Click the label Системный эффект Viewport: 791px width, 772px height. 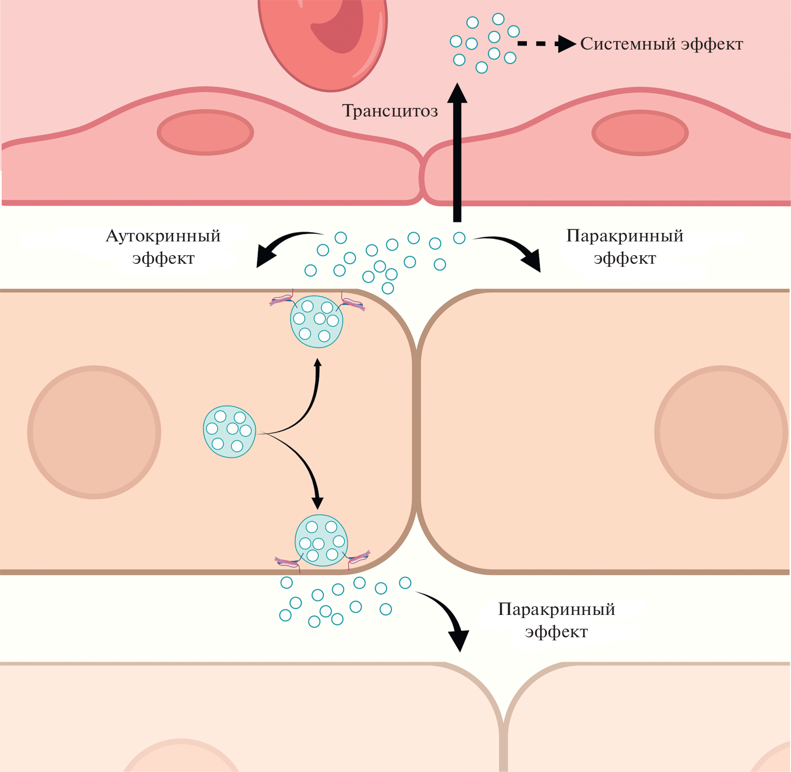(x=661, y=44)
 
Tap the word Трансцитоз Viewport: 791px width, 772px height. (x=390, y=111)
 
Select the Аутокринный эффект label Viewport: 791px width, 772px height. (x=163, y=247)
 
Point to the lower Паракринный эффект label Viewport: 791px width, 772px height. (x=556, y=620)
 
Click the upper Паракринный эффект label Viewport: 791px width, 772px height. (x=624, y=247)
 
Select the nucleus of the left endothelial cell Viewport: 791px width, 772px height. (x=205, y=133)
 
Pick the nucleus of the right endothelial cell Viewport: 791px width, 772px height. (x=640, y=133)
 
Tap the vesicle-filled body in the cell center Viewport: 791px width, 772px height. (x=229, y=432)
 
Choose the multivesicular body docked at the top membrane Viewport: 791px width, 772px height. (x=316, y=321)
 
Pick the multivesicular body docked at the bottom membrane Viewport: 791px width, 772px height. (x=321, y=540)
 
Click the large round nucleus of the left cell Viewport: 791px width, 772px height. (x=94, y=432)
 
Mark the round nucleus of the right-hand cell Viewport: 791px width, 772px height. (x=720, y=432)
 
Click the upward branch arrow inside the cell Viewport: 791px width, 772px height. (x=308, y=402)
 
